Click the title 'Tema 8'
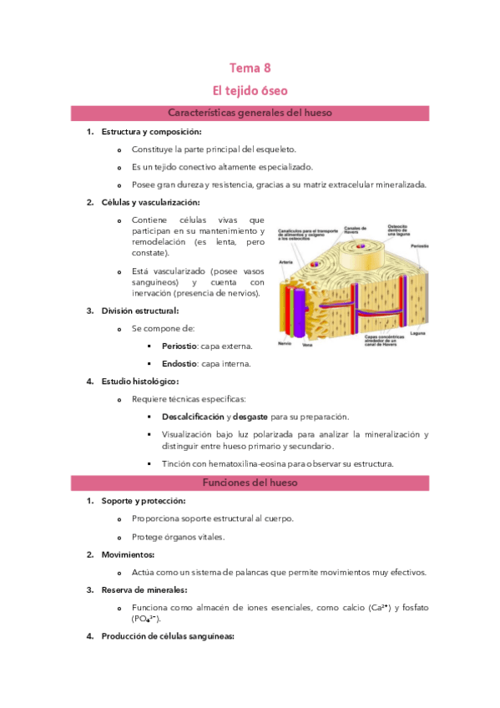pos(250,68)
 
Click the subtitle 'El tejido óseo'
pos(250,89)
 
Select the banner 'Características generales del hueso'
pos(250,113)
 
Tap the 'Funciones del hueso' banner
pos(250,483)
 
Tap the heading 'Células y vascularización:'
pos(150,202)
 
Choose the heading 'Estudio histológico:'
pos(139,382)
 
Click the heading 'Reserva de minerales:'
pos(143,589)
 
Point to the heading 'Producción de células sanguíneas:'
pos(168,637)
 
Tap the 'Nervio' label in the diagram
pos(285,343)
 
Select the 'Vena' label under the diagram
pos(306,344)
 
